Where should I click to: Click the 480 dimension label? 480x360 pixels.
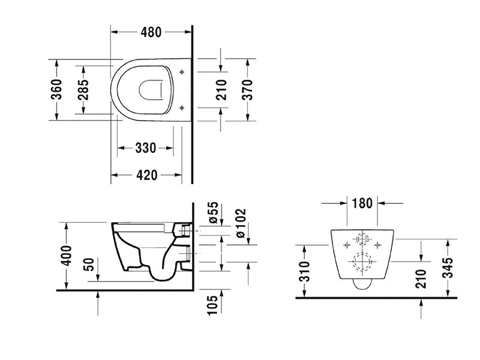point(151,32)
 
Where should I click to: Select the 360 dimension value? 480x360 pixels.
point(56,89)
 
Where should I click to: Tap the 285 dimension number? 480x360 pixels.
point(83,89)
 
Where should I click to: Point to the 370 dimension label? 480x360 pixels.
point(247,89)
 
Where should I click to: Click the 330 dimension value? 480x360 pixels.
point(146,148)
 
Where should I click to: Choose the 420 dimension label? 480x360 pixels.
point(146,175)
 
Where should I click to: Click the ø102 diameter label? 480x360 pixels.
point(241,223)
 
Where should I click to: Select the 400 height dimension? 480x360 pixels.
point(66,256)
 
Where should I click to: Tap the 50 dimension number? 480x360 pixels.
point(88,265)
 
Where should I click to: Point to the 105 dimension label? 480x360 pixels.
point(212,305)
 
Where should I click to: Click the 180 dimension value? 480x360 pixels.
point(362,203)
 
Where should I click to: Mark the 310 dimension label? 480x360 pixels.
point(305,271)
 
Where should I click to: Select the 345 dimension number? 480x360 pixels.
point(448,268)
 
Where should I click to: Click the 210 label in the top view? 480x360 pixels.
point(221,89)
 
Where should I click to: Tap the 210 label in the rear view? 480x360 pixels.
point(421,278)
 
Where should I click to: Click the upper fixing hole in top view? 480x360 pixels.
point(182,72)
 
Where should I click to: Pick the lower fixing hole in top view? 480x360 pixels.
point(182,108)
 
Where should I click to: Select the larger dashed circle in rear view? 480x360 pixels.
point(362,262)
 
